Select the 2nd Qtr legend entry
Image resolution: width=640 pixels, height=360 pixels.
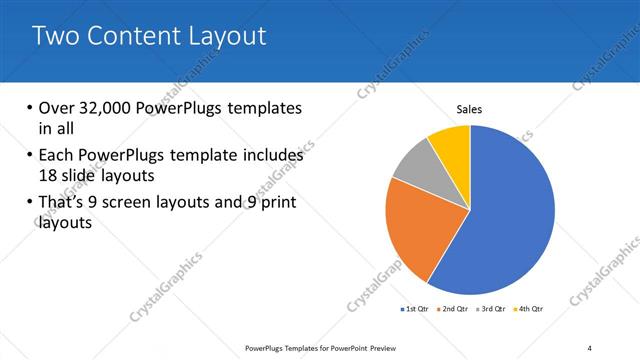pos(454,308)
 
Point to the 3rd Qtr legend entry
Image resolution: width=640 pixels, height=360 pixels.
pos(492,308)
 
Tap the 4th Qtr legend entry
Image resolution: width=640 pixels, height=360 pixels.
pos(530,308)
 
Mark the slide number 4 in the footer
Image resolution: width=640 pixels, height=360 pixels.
pos(589,347)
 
